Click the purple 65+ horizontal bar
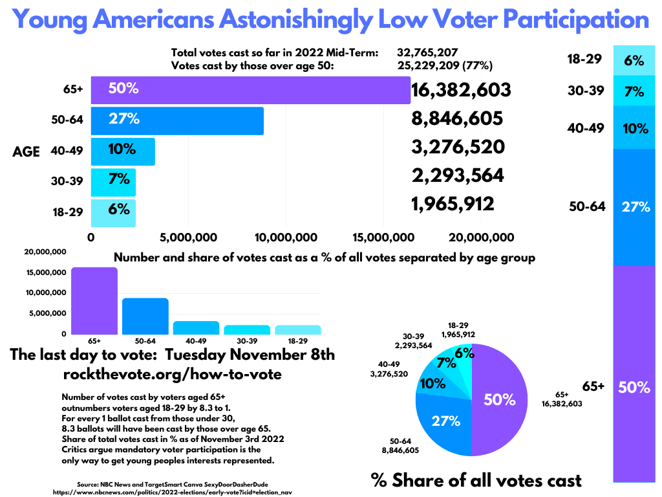[x=250, y=89]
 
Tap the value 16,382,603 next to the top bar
[x=461, y=91]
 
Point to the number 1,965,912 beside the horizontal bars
[x=453, y=204]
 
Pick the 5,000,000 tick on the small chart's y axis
[x=45, y=313]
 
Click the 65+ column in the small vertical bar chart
[x=94, y=301]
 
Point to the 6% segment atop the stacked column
[x=633, y=61]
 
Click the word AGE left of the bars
[x=26, y=152]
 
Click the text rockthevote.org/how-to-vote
[x=172, y=374]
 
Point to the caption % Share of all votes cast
[x=476, y=480]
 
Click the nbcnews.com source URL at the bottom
[x=173, y=492]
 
